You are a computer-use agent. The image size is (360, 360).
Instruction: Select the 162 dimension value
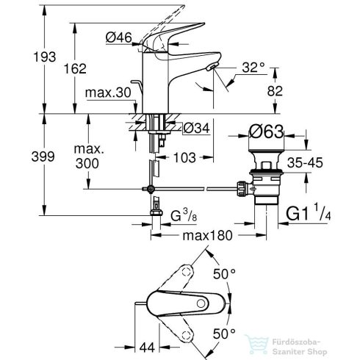point(75,68)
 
